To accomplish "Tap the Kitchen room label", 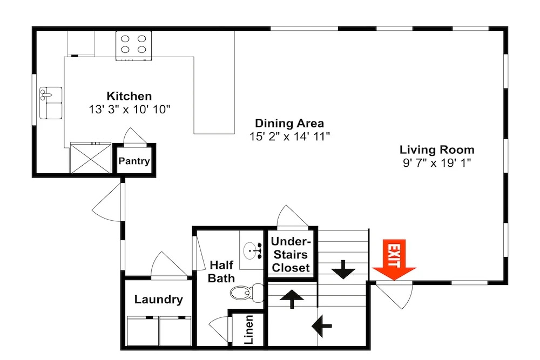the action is (129, 96).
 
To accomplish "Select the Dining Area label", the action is (289, 123).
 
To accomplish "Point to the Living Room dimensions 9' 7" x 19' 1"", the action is (437, 163).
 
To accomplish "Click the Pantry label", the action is (134, 161).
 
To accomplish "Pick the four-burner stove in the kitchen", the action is (133, 46).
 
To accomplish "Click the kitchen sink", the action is (51, 103).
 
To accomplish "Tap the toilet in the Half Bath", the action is (247, 293).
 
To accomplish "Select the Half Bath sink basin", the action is (252, 250).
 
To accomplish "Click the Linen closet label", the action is (248, 329).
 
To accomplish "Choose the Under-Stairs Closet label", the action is (291, 255).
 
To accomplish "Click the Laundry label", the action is (158, 300).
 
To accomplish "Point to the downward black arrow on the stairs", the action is (343, 270).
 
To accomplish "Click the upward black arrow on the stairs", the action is (292, 298).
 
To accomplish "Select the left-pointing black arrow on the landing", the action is (322, 325).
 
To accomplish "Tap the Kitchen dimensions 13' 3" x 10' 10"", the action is (130, 110).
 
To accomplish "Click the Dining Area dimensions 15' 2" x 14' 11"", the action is (289, 137).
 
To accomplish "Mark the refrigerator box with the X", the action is (91, 158).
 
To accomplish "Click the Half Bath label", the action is (221, 271).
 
